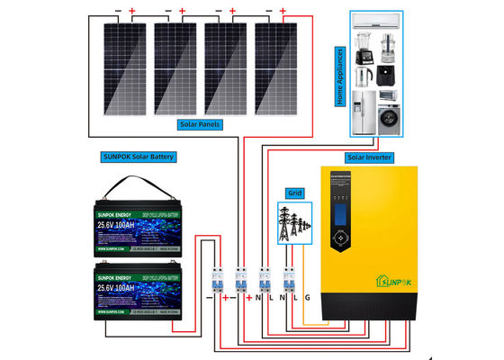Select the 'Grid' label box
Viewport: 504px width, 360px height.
coord(293,192)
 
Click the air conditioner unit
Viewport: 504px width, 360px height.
coord(376,25)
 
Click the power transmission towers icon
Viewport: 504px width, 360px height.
coord(293,221)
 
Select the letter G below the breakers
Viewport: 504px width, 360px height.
coord(309,298)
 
